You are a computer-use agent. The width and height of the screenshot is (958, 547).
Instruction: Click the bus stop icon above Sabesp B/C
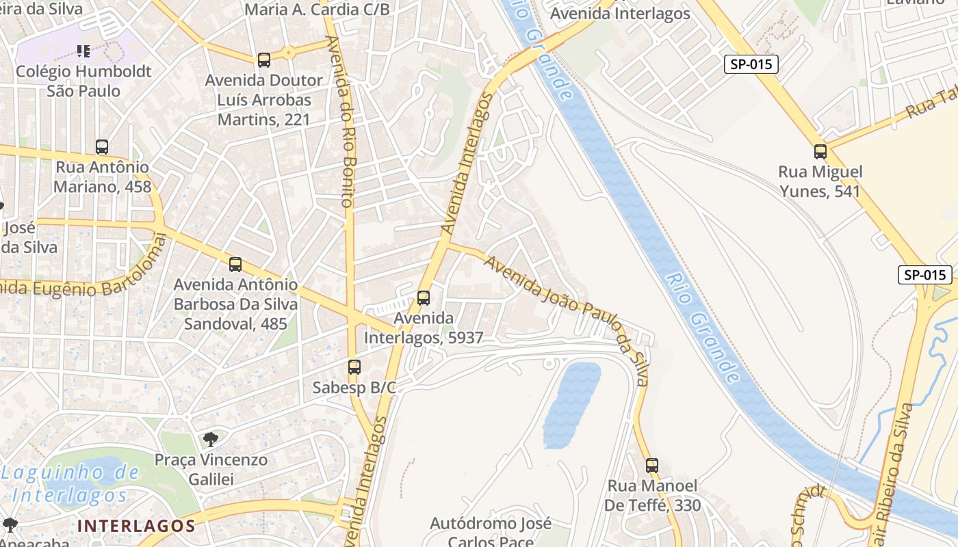[354, 367]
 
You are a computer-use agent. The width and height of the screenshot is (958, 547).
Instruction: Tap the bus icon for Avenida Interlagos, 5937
[424, 298]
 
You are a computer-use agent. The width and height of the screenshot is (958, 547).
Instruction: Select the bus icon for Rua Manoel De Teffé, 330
[652, 466]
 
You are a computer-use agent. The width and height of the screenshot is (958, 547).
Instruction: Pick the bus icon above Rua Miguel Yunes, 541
[820, 152]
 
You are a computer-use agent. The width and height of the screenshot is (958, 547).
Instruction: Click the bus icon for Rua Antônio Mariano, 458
[102, 147]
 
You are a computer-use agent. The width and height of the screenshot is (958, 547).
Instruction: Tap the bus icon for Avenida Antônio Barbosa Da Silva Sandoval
[235, 265]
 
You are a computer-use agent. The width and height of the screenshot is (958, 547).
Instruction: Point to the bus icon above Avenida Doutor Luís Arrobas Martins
[264, 60]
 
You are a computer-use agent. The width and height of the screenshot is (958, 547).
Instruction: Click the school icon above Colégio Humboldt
[83, 51]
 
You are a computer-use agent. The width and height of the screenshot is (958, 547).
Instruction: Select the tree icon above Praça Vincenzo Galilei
[211, 439]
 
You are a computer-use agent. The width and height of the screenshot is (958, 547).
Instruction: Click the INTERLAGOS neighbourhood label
[137, 526]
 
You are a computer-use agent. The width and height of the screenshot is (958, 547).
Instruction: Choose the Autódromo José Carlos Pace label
[491, 532]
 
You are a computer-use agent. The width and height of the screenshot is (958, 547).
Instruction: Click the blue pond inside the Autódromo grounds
[571, 403]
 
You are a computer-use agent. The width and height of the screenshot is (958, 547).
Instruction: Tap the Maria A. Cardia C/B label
[317, 10]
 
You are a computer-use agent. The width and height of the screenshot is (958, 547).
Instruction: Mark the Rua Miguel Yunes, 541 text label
[820, 181]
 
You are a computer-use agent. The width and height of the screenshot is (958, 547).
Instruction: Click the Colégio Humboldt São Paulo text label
[83, 81]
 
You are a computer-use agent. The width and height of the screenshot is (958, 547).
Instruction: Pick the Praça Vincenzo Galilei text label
[211, 469]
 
